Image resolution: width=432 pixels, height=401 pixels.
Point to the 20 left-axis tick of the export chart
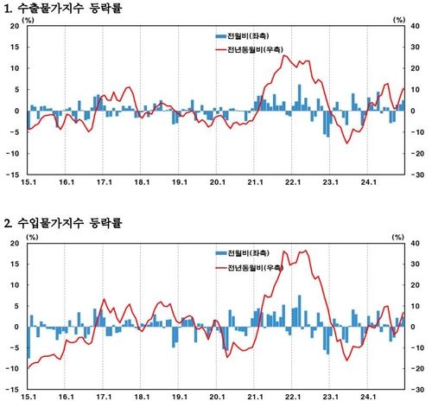coord(14,26)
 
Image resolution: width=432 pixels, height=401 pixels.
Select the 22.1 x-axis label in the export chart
coord(292,183)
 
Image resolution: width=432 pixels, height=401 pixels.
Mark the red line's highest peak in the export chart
coord(287,56)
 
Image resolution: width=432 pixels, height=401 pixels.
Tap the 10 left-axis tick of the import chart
coord(14,285)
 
